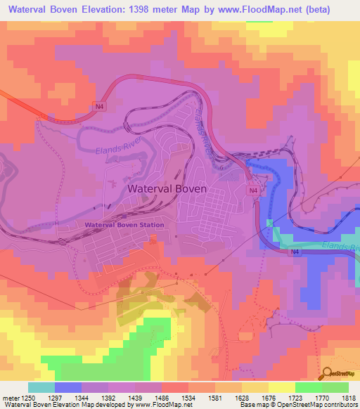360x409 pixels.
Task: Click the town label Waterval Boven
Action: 167,189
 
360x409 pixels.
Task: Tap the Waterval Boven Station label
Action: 124,226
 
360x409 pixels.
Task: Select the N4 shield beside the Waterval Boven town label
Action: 251,190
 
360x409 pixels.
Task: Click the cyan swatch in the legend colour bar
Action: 41,387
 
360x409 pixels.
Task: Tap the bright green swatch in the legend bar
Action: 308,387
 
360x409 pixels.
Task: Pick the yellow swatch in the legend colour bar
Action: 281,387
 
